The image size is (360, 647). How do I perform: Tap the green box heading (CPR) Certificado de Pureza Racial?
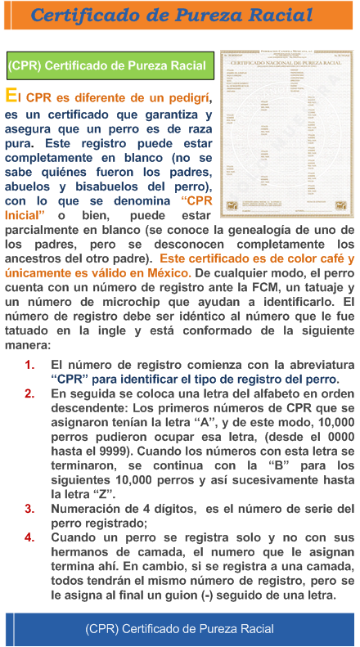pos(107,65)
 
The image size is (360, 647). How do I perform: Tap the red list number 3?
pos(29,509)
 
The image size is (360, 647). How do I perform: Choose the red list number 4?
pos(29,538)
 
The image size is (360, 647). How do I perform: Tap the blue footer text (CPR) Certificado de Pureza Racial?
pos(180,629)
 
